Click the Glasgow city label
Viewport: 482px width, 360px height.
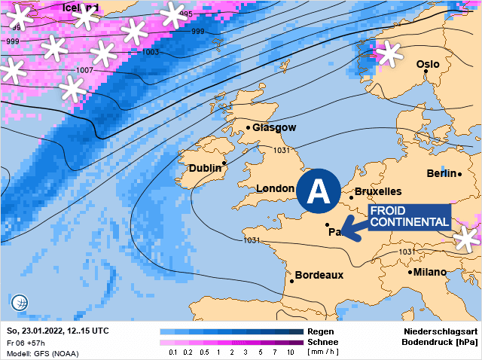[274, 128]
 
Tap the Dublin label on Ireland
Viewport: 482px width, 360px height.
[205, 168]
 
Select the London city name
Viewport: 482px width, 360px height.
[275, 188]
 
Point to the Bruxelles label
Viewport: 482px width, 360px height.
[377, 191]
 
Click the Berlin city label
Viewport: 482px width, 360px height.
[441, 174]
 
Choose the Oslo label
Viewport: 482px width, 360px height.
[428, 65]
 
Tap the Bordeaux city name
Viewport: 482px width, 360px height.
[319, 275]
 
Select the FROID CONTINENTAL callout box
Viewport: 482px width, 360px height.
[410, 217]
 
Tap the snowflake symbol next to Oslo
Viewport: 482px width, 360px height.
[390, 53]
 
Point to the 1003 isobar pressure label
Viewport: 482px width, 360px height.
[151, 52]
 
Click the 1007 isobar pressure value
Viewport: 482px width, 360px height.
[84, 70]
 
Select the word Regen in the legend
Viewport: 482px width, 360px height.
[322, 331]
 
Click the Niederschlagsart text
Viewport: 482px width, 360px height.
[441, 331]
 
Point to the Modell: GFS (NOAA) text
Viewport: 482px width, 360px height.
[42, 353]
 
